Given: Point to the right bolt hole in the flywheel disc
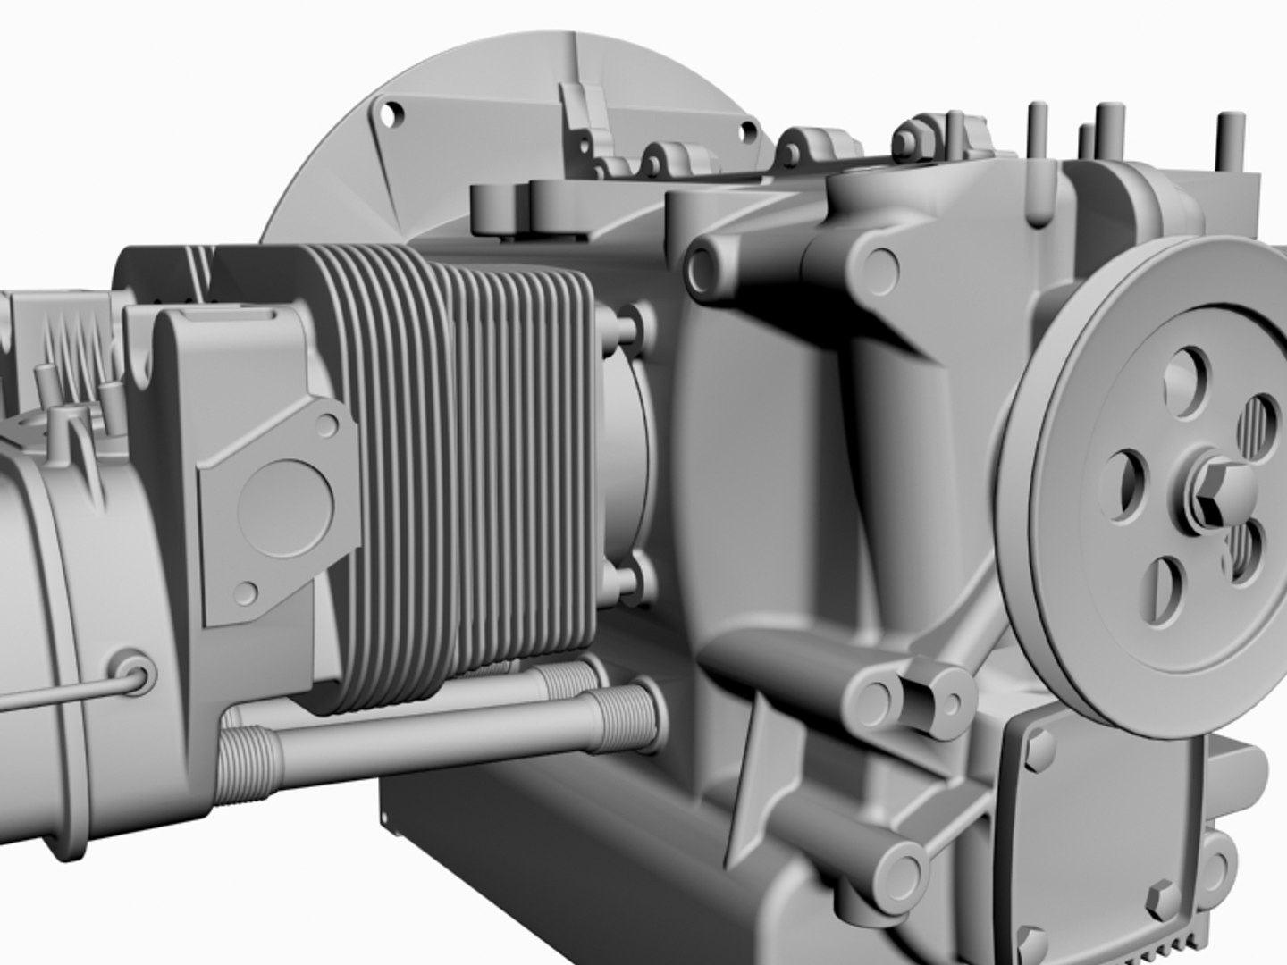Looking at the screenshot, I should pyautogui.click(x=744, y=132).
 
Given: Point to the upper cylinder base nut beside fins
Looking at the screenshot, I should pyautogui.click(x=628, y=323).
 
